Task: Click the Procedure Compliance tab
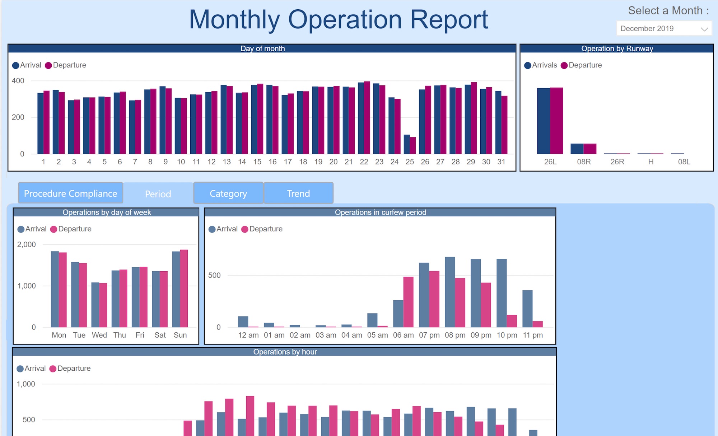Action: (x=70, y=193)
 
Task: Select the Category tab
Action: (x=228, y=193)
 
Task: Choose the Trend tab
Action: (x=298, y=193)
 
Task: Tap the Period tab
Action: (x=158, y=194)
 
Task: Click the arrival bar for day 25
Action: (x=407, y=145)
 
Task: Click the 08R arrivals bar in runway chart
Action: (x=577, y=149)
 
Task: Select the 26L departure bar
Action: (x=556, y=121)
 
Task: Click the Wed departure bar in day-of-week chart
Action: (x=103, y=305)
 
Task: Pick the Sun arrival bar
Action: (x=176, y=289)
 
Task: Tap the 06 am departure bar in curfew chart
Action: (x=408, y=302)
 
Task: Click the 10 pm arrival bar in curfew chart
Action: (x=502, y=293)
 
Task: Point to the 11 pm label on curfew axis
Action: (x=533, y=335)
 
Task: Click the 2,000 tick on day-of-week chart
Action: (x=27, y=245)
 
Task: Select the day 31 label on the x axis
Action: (x=501, y=162)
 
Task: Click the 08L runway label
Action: (x=684, y=162)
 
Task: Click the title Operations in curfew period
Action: (x=380, y=212)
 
